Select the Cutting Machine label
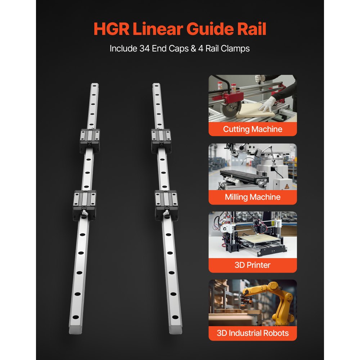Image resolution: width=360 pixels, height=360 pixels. [x=253, y=129]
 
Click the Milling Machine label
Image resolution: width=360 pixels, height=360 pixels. [x=253, y=197]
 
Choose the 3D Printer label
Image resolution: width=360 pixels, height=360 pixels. [x=253, y=265]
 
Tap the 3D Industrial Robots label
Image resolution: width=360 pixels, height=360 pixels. [x=253, y=333]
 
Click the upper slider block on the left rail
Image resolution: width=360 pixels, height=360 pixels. [x=90, y=140]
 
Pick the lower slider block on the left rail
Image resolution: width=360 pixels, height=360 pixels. [x=85, y=204]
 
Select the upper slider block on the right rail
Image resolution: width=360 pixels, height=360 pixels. [x=161, y=140]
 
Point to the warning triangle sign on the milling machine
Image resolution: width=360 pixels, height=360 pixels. [x=287, y=186]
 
